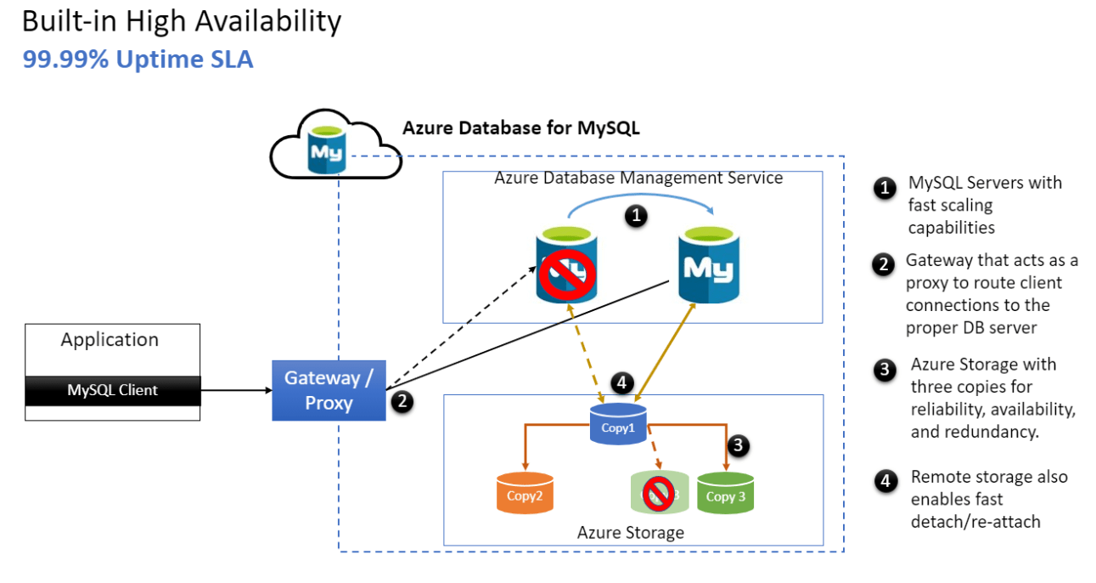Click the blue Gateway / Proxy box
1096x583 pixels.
coord(329,390)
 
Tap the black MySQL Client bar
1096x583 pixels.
coord(113,390)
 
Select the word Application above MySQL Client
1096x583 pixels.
coord(110,340)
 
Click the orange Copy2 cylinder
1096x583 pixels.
coord(525,493)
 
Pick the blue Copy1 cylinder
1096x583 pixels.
coord(618,424)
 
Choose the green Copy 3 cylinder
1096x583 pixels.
coord(726,493)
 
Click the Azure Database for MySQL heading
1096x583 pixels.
coord(520,128)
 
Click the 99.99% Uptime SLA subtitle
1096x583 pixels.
coord(138,59)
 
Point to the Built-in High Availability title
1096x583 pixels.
coord(182,21)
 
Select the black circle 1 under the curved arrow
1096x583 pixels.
coord(636,217)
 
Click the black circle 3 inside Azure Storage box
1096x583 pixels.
coord(739,444)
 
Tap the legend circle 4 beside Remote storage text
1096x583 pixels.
coord(885,482)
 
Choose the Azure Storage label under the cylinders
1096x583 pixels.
coord(630,533)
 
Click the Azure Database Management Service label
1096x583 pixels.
coord(638,178)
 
